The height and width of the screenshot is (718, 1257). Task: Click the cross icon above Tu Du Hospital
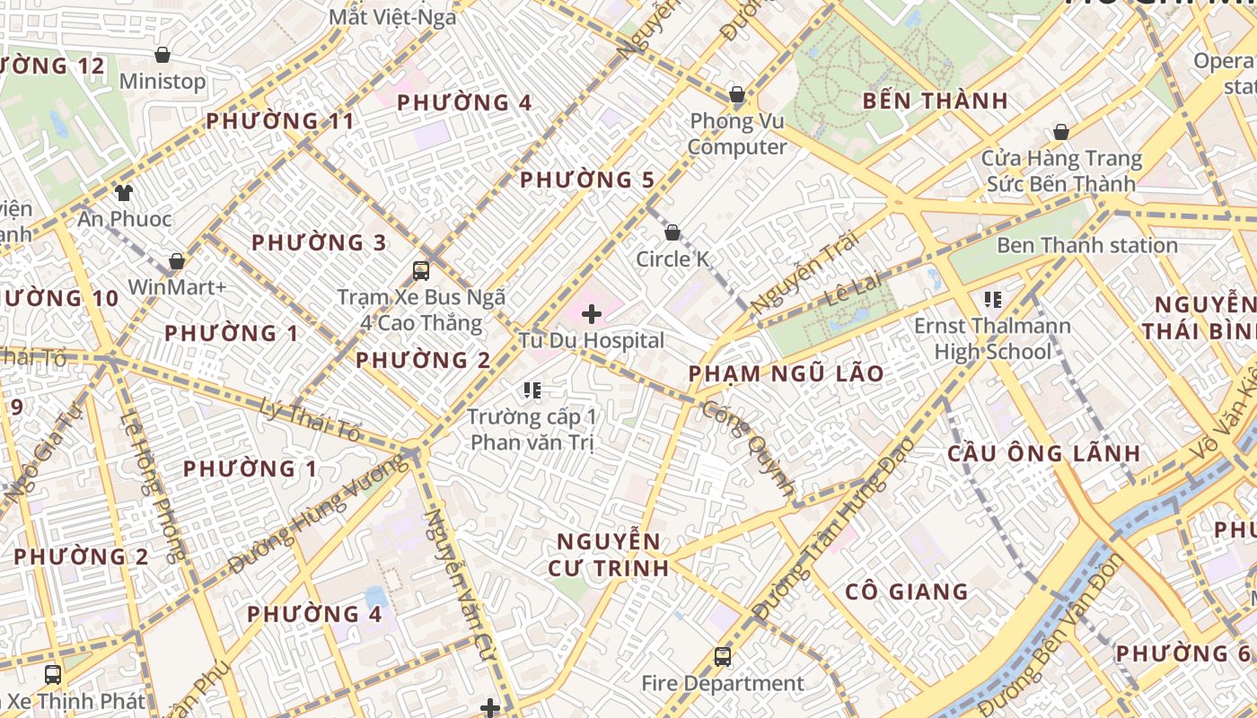click(x=592, y=314)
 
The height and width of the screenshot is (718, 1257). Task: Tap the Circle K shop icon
click(x=672, y=233)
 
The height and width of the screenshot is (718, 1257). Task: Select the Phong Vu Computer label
click(x=737, y=134)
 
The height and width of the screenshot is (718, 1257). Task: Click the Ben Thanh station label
click(x=1086, y=245)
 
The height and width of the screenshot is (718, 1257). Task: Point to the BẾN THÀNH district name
click(x=935, y=101)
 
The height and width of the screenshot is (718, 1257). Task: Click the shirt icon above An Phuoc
click(x=123, y=192)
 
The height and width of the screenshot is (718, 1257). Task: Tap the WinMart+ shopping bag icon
click(x=177, y=261)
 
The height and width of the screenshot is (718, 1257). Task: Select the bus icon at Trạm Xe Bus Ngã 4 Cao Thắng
click(x=420, y=270)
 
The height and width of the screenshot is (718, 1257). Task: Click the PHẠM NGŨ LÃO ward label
click(x=786, y=373)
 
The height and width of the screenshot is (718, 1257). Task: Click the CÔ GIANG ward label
click(x=907, y=591)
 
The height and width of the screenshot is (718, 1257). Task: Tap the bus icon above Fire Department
click(x=723, y=657)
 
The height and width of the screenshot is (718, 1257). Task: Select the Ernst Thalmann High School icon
click(x=992, y=300)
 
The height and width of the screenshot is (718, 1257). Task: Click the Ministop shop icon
click(x=163, y=56)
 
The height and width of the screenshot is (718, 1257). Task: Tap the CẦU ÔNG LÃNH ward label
click(x=1043, y=453)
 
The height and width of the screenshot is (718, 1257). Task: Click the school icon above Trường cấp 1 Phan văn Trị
click(x=532, y=390)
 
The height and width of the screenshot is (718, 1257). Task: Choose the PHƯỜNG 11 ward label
click(x=280, y=121)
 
